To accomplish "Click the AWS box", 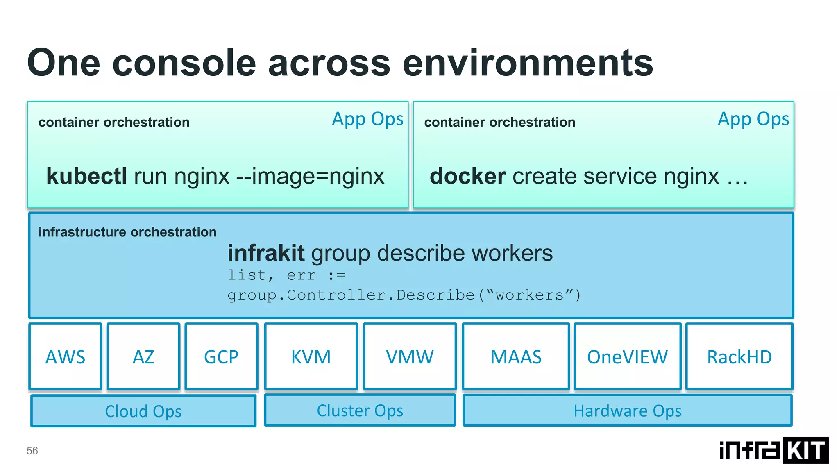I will pos(65,356).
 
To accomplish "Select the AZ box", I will pos(143,356).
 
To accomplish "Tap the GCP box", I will pos(221,356).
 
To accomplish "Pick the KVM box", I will pos(311,356).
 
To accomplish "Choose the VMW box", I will pos(410,356).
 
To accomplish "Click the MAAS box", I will pos(516,356).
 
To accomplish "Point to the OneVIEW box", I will pos(627,356).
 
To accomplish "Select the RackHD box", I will pos(739,356).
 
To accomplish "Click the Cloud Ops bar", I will pos(143,411).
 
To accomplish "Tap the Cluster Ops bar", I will pos(360,410).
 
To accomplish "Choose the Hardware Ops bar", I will pos(627,411).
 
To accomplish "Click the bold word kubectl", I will pos(86,176).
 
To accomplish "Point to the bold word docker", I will pos(467,176).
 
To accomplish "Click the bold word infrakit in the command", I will pos(266,253).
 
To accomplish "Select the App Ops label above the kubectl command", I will pos(367,119).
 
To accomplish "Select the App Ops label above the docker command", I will pos(753,119).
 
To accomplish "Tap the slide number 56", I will pos(32,451).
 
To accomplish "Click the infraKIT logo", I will pos(774,450).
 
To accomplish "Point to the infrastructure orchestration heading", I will pos(127,232).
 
